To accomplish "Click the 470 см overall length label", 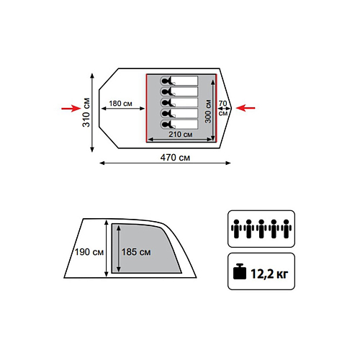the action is pos(175,158).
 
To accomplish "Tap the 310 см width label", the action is pos(86,112).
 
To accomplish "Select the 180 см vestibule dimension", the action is pos(120,104).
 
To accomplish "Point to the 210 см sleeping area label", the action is pos(181,134).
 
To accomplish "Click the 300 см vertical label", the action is pos(208,112).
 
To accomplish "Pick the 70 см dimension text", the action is pos(223,108).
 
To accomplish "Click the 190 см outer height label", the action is pos(89,252).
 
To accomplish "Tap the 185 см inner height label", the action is pos(136,252).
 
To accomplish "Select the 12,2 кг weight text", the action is pos(269,274).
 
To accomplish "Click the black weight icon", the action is pos(240,271).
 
